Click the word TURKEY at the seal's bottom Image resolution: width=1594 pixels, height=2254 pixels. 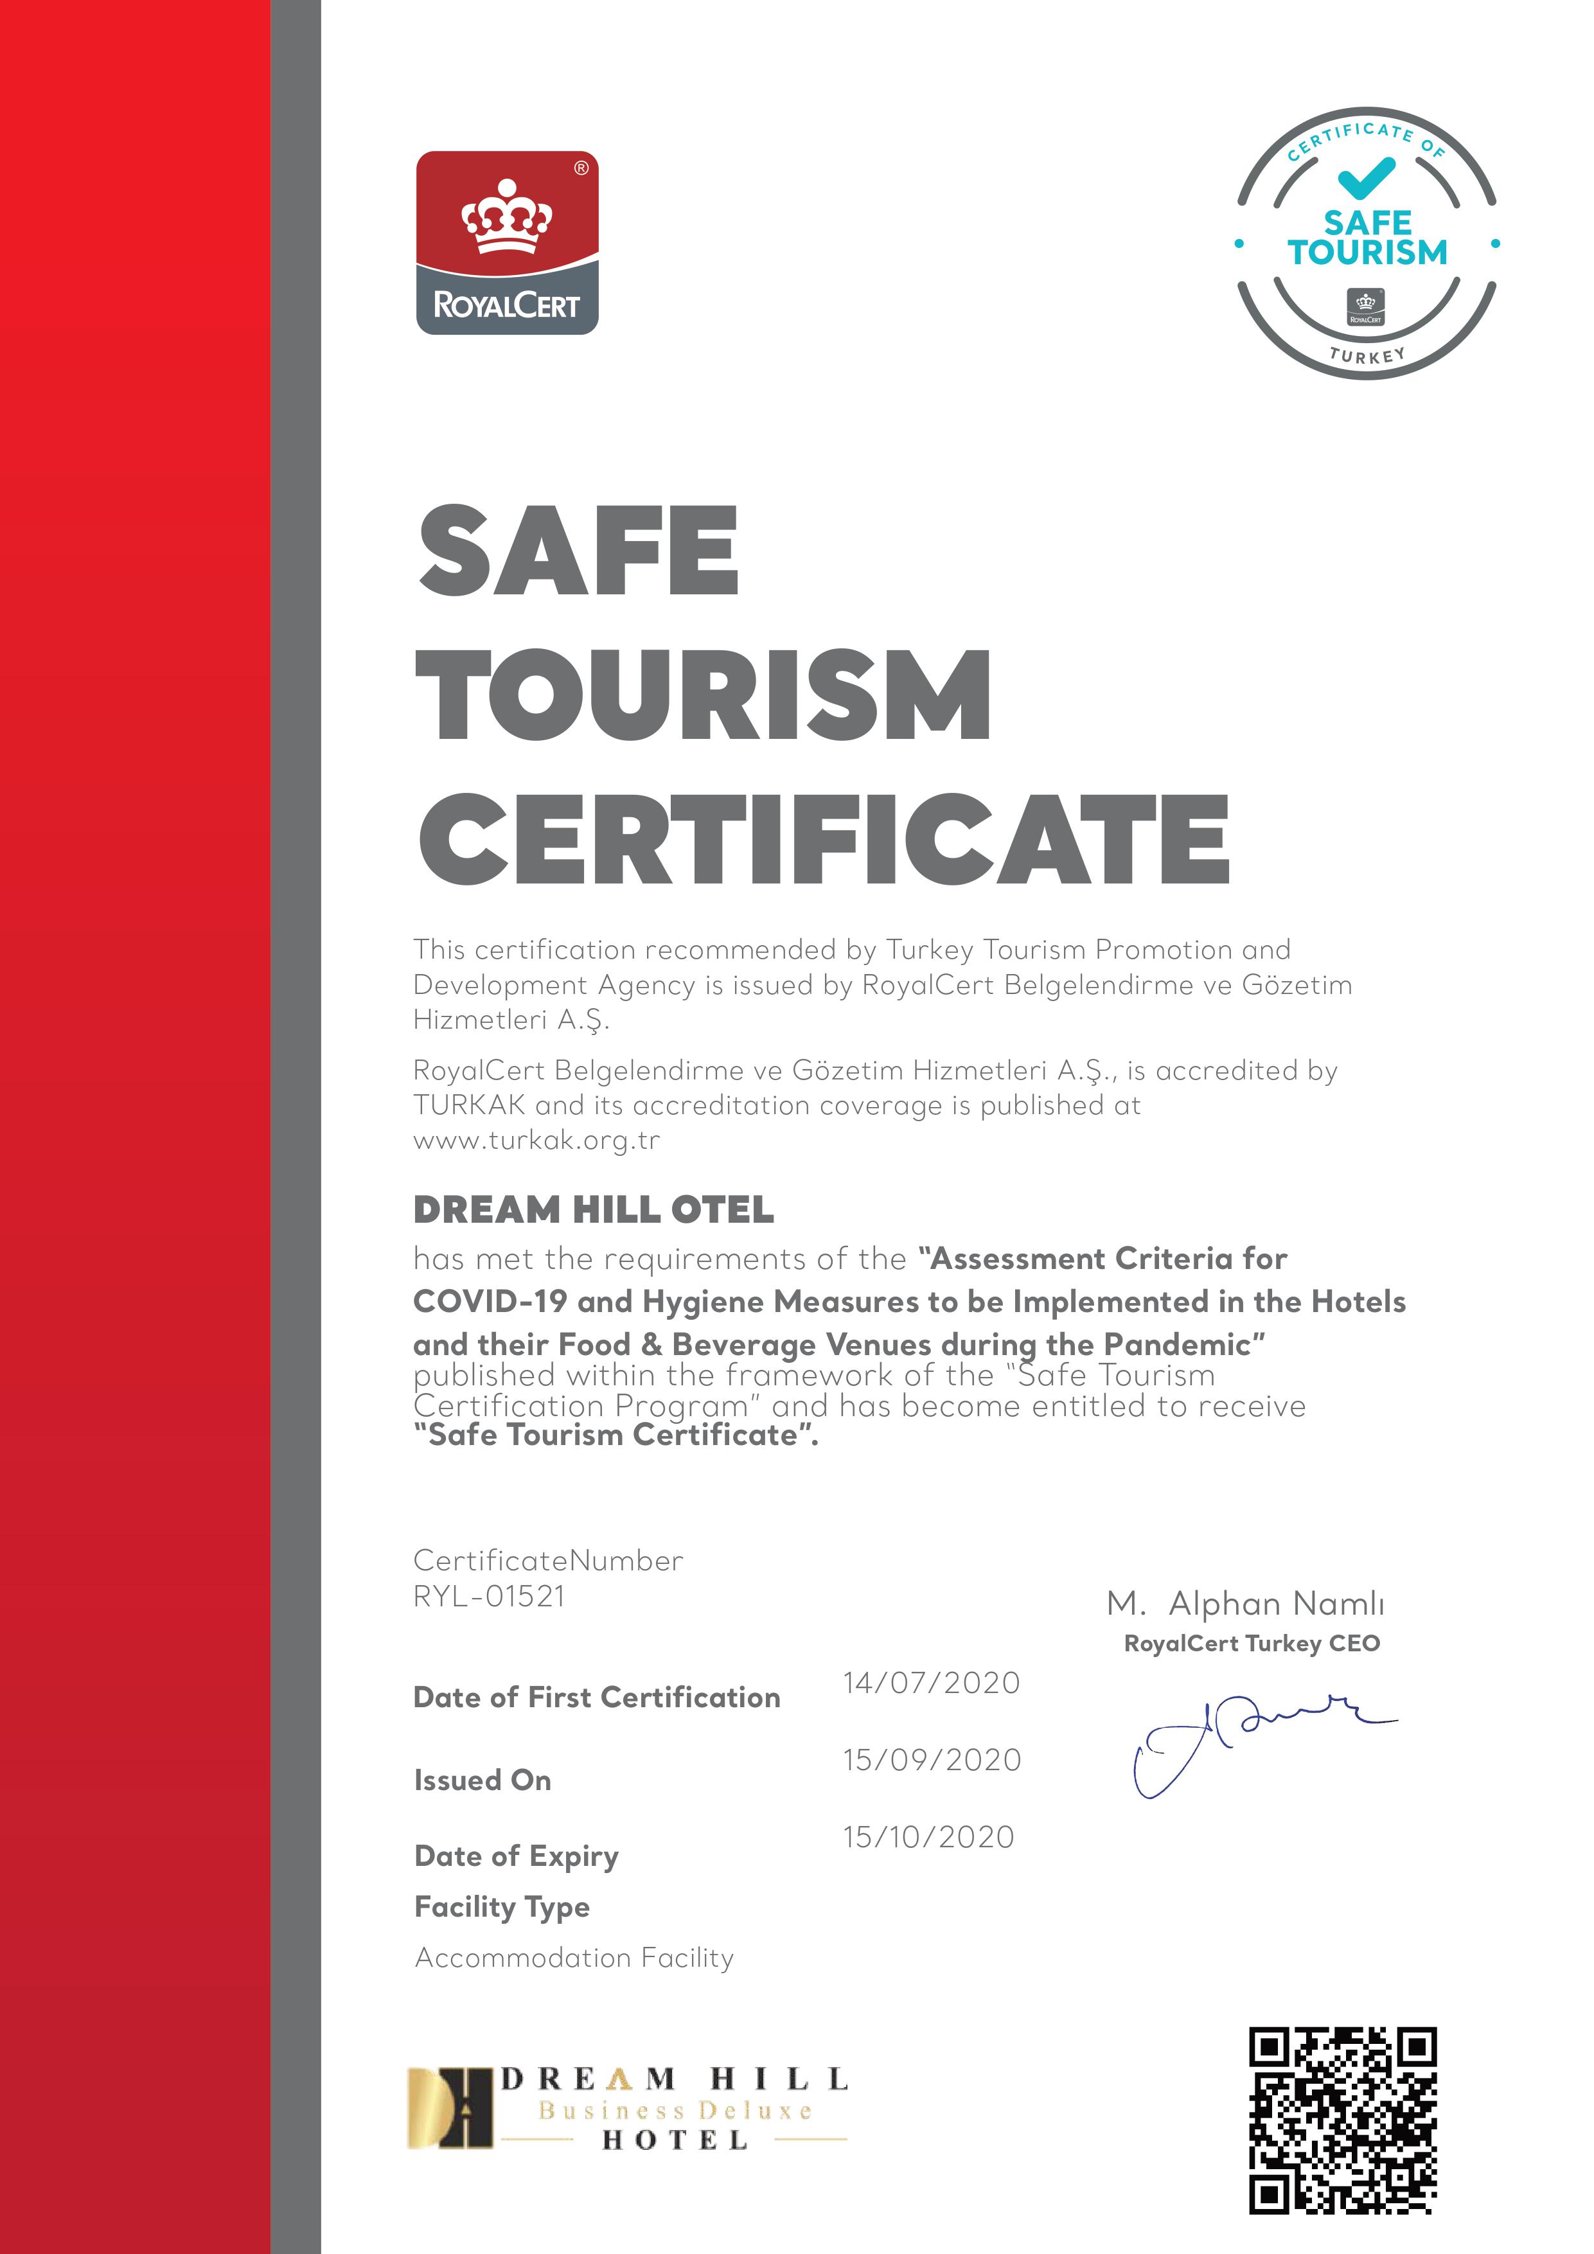[1367, 355]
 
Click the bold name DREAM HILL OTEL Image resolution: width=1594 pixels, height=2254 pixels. [593, 1209]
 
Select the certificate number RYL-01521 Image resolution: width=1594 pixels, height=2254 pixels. [489, 1596]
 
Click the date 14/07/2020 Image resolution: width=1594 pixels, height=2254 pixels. [930, 1683]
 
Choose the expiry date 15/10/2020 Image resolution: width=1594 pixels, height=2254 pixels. [928, 1837]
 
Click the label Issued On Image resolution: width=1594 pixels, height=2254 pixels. [482, 1780]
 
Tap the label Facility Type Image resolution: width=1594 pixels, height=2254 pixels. [502, 1906]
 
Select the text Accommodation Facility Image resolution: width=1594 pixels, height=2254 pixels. [574, 1958]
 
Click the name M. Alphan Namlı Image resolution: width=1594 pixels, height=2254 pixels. [1244, 1604]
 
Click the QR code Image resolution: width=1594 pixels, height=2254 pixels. [1342, 2120]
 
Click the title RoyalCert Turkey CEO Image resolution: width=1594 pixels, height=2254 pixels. [1252, 1644]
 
